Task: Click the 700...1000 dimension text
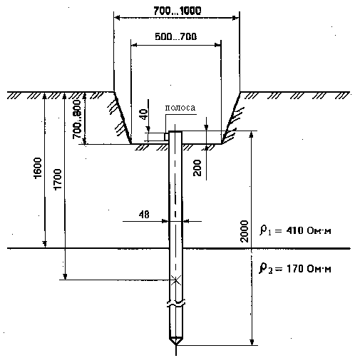click(x=178, y=11)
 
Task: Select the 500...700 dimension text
click(x=176, y=36)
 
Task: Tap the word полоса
click(x=180, y=108)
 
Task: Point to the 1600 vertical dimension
click(x=38, y=168)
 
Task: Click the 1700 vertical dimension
click(x=58, y=179)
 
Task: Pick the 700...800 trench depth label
click(x=77, y=119)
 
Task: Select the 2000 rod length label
click(x=245, y=231)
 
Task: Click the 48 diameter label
click(x=144, y=215)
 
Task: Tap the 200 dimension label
click(x=197, y=168)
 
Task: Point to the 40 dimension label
click(x=145, y=113)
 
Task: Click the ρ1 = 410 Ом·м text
click(x=295, y=230)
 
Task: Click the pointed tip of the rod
click(x=175, y=344)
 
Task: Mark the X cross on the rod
click(x=175, y=280)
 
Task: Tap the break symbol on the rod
click(x=175, y=304)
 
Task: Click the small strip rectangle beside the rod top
click(x=167, y=137)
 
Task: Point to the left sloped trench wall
click(x=123, y=118)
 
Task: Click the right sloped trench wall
click(x=231, y=118)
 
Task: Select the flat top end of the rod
click(x=175, y=131)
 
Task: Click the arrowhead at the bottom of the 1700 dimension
click(x=65, y=277)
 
